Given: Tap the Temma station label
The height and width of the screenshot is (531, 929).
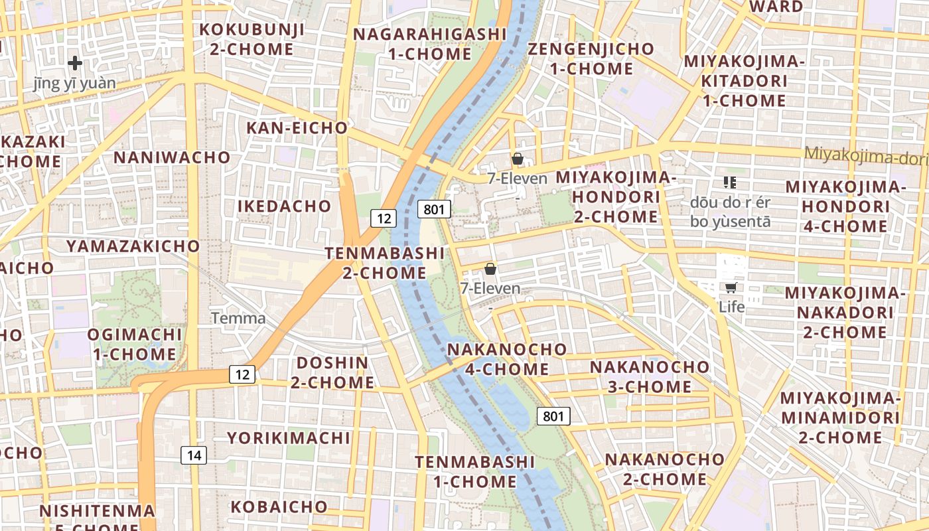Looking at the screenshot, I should click(238, 319).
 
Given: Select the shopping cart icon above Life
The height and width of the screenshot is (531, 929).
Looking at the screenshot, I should click(731, 287).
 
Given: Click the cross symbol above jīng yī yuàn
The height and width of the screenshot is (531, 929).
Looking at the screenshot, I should click(75, 63).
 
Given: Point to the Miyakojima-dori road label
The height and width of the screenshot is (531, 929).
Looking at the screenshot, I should click(865, 156).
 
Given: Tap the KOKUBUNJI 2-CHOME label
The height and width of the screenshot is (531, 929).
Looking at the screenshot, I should click(252, 39).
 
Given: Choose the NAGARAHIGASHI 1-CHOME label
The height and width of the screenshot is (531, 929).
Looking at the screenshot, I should click(430, 44).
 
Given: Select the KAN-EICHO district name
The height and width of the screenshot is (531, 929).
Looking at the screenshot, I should click(297, 127).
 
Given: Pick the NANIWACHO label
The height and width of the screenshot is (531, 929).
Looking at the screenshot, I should click(172, 157).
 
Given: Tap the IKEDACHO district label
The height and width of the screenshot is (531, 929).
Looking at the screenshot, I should click(285, 206).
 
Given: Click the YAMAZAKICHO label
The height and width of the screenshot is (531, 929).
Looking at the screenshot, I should click(133, 246).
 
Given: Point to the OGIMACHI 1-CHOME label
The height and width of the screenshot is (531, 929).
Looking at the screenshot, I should click(135, 344).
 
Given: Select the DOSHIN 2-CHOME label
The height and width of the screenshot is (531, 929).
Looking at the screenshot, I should click(332, 372).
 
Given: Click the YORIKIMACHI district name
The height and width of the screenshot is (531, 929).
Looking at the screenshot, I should click(289, 438).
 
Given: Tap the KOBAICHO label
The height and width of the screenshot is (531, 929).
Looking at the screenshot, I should click(279, 507).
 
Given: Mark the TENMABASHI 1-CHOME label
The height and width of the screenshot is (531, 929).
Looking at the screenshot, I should click(475, 471).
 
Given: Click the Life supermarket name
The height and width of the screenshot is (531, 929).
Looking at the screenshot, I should click(732, 307).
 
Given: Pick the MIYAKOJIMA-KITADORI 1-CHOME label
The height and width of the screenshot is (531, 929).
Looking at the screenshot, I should click(745, 81).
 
